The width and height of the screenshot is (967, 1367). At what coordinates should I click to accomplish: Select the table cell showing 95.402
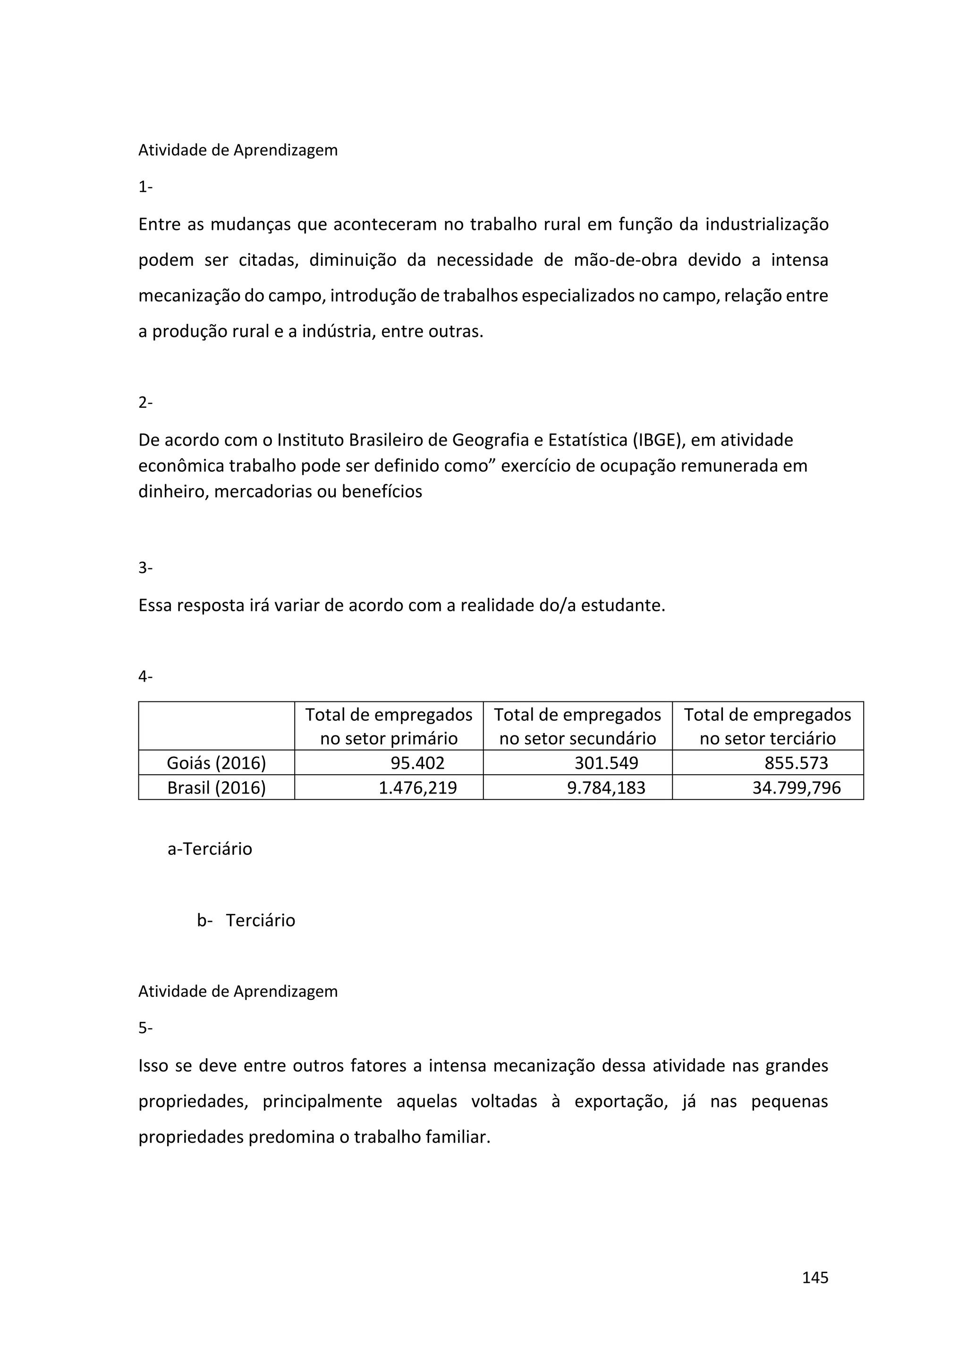pyautogui.click(x=417, y=763)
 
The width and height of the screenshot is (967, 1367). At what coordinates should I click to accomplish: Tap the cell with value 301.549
pyautogui.click(x=606, y=763)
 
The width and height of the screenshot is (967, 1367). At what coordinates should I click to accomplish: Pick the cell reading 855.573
pyautogui.click(x=796, y=763)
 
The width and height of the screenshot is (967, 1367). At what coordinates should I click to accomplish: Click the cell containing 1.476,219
pyautogui.click(x=417, y=788)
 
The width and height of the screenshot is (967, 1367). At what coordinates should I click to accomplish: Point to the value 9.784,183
pyautogui.click(x=606, y=788)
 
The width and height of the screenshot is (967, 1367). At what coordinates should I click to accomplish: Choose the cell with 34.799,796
pyautogui.click(x=796, y=788)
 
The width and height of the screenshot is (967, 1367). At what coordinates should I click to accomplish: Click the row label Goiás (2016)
pyautogui.click(x=216, y=763)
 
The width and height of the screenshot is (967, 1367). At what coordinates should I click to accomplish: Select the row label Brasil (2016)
pyautogui.click(x=216, y=788)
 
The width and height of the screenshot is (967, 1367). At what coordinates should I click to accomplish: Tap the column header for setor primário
pyautogui.click(x=389, y=726)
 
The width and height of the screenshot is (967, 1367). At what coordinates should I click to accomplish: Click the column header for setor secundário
pyautogui.click(x=577, y=726)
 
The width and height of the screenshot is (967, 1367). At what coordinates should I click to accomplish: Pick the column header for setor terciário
pyautogui.click(x=768, y=726)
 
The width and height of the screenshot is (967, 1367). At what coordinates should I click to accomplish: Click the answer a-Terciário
pyautogui.click(x=210, y=848)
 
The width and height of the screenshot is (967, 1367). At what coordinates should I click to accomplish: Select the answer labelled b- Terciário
pyautogui.click(x=246, y=920)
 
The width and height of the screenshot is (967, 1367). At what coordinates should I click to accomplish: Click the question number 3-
pyautogui.click(x=145, y=568)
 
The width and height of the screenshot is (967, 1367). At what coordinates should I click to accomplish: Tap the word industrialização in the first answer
pyautogui.click(x=767, y=225)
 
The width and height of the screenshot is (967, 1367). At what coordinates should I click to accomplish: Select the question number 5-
pyautogui.click(x=145, y=1028)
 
